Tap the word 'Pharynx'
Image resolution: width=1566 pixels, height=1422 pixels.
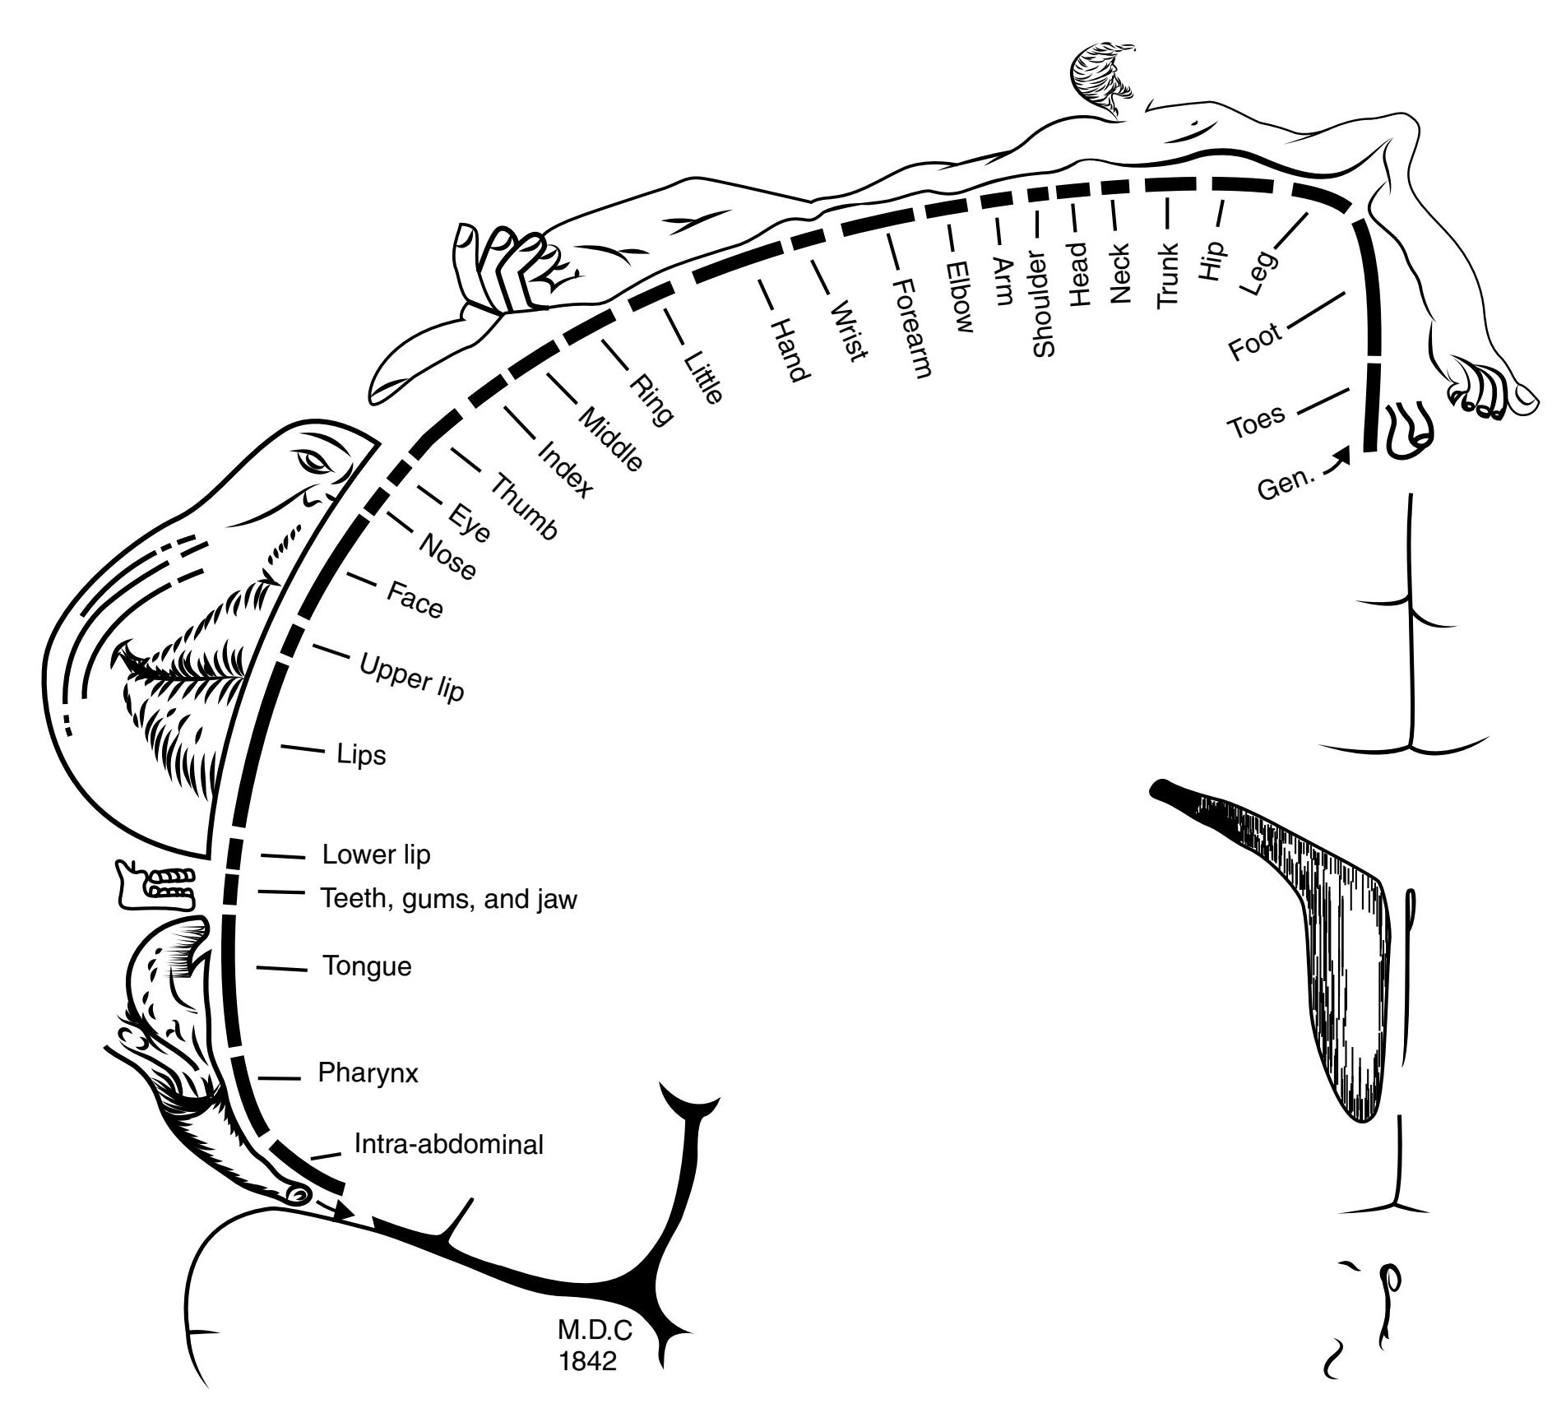pos(368,1072)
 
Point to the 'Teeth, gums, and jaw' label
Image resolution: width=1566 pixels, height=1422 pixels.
pos(448,899)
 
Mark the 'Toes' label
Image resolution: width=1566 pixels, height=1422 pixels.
pos(1256,421)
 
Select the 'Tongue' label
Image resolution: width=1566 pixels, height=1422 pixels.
pos(367,966)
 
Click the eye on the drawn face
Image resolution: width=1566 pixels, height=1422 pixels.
pos(316,461)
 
